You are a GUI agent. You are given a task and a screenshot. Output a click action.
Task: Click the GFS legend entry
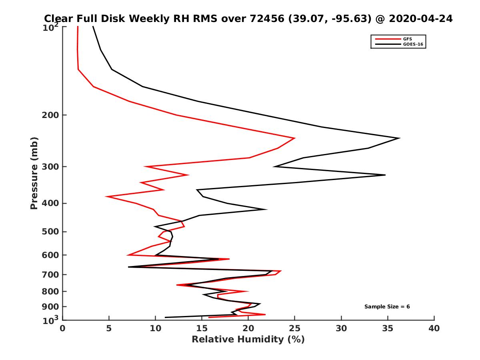click(x=408, y=39)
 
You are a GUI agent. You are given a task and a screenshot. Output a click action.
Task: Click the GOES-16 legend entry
click(x=412, y=44)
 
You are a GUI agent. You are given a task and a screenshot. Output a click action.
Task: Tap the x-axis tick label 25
click(x=295, y=329)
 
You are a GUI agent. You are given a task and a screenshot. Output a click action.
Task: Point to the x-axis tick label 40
click(x=434, y=329)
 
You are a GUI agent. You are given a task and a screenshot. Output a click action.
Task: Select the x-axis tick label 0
click(x=62, y=329)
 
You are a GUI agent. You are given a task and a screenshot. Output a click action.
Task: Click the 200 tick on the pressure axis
click(x=51, y=115)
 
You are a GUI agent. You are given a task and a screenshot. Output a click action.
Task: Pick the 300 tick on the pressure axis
click(x=51, y=167)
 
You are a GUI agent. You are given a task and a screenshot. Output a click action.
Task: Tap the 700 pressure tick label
click(x=51, y=275)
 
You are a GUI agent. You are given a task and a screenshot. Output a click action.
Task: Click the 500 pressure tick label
click(x=51, y=232)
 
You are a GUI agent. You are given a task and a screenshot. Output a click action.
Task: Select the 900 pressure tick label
click(x=51, y=307)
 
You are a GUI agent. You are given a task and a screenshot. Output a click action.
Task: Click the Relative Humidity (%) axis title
click(x=248, y=340)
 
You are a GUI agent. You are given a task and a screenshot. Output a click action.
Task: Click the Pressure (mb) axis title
click(x=34, y=173)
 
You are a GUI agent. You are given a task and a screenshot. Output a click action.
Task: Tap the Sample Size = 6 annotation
click(x=387, y=307)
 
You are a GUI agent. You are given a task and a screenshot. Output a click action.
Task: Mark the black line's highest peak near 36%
click(x=399, y=138)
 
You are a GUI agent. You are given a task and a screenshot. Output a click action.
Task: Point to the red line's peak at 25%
click(x=294, y=138)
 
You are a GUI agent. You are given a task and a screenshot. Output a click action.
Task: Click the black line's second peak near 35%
click(x=385, y=175)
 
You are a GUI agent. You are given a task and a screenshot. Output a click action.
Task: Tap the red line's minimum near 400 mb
click(x=106, y=196)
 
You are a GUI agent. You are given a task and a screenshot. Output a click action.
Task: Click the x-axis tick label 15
click(x=202, y=329)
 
